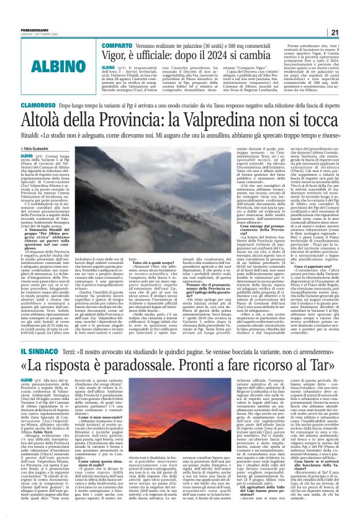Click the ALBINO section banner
pyautogui.click(x=30, y=48)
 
